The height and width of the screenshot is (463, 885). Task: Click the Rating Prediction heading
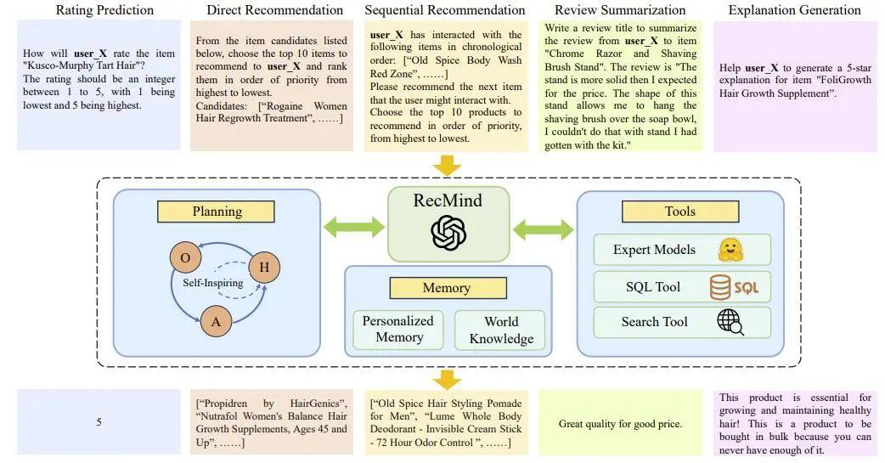(x=104, y=10)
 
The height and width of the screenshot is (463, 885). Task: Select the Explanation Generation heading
(x=794, y=10)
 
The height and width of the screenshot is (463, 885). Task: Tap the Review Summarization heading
(x=620, y=10)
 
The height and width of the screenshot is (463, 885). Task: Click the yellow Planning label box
(x=217, y=212)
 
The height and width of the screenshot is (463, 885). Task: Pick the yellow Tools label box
(x=679, y=212)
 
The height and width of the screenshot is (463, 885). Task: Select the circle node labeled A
(x=216, y=321)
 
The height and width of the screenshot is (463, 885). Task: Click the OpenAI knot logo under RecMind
(x=448, y=233)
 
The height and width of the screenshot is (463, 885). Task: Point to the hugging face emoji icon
(x=730, y=250)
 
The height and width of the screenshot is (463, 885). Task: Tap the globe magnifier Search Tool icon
(x=730, y=322)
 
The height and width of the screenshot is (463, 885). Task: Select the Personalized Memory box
(x=397, y=330)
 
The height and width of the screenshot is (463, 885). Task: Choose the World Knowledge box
(x=501, y=330)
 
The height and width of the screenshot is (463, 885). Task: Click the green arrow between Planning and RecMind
(x=353, y=227)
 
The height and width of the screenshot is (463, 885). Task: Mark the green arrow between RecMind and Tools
(x=543, y=227)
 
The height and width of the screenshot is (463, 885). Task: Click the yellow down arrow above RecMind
(x=447, y=164)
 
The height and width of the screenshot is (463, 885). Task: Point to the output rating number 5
(x=99, y=422)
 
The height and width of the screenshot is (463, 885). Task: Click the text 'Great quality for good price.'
(x=620, y=423)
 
